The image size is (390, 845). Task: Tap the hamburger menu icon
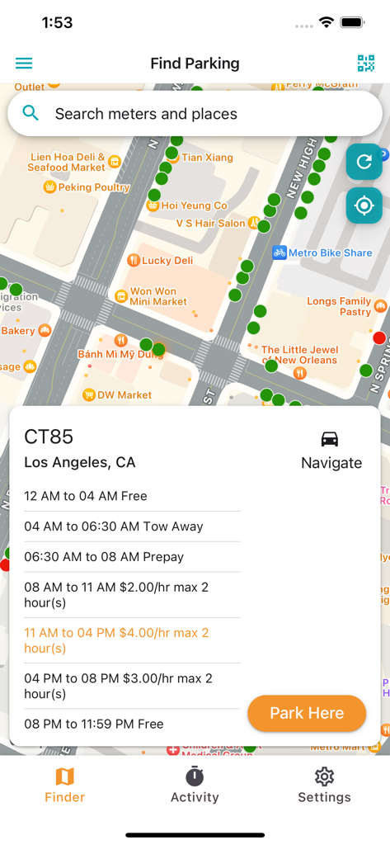click(x=24, y=64)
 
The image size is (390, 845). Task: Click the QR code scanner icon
click(x=365, y=64)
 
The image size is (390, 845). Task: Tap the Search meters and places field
click(x=195, y=114)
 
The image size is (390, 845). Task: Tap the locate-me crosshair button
click(x=364, y=205)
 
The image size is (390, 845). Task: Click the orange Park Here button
click(x=307, y=713)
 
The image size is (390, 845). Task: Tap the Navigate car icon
click(x=330, y=439)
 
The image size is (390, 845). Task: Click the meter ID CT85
click(x=49, y=437)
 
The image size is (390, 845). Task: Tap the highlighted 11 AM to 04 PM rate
click(x=116, y=640)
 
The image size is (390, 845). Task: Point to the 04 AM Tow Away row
click(x=114, y=526)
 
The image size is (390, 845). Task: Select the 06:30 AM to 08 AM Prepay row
click(x=104, y=557)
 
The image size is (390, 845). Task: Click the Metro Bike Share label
click(x=330, y=253)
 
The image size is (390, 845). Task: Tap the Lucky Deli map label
click(x=167, y=260)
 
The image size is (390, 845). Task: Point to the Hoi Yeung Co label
click(x=194, y=205)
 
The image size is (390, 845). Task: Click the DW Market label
click(x=124, y=395)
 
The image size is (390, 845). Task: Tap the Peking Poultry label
click(x=93, y=187)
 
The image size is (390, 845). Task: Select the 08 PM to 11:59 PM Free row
click(x=94, y=724)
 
